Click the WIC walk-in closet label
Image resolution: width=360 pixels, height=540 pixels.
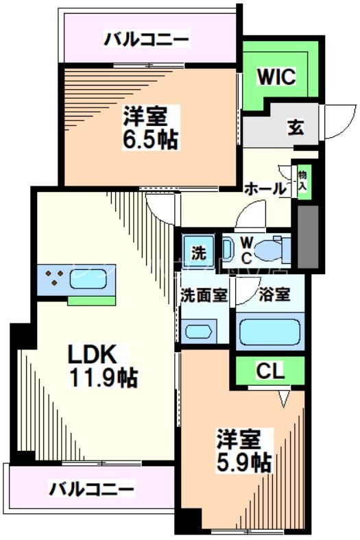click(x=276, y=76)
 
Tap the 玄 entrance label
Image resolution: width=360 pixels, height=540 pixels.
click(x=296, y=127)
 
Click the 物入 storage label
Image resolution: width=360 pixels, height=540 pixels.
click(x=303, y=179)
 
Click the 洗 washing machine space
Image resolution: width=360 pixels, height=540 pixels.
click(x=197, y=251)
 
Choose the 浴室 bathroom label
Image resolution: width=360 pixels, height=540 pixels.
click(x=274, y=295)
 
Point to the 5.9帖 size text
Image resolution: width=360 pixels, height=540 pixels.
click(x=244, y=463)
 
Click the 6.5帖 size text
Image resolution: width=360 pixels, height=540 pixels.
click(x=151, y=140)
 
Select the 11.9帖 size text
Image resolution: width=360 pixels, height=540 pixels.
click(x=102, y=376)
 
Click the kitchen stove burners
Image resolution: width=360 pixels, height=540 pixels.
click(x=54, y=279)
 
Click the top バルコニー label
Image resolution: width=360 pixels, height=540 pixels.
click(x=146, y=39)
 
